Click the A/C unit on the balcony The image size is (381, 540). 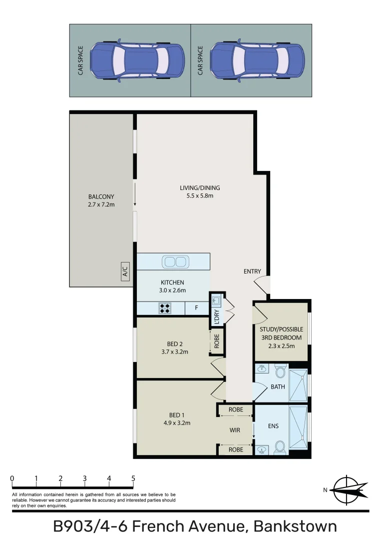tap(125, 272)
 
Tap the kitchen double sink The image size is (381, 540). tap(175, 261)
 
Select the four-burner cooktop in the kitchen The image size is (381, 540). tap(165, 308)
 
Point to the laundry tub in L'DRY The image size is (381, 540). tap(216, 301)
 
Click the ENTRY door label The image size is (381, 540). tap(252, 271)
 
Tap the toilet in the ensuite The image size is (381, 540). tap(280, 445)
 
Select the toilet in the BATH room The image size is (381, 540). tap(280, 372)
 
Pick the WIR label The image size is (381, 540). tap(236, 429)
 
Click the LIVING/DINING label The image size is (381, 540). tap(200, 188)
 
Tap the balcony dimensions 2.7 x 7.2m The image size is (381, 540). tap(101, 204)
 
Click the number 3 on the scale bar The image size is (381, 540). tap(85, 478)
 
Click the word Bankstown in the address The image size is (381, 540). tap(295, 526)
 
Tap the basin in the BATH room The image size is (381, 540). tap(262, 369)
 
